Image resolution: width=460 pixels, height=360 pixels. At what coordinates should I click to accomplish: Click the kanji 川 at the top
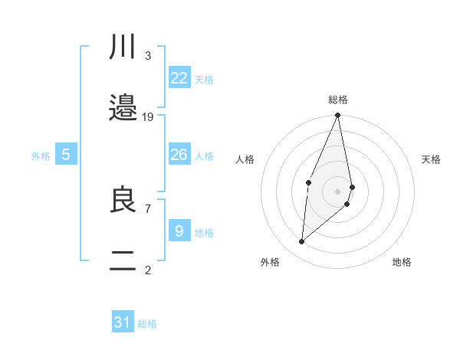[123, 48]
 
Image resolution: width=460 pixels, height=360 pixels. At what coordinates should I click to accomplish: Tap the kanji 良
[123, 200]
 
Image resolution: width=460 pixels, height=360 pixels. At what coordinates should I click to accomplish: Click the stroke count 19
[148, 117]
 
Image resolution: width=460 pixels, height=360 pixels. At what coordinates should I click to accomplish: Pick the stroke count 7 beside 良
[147, 208]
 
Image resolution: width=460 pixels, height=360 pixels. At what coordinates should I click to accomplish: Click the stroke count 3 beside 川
[147, 56]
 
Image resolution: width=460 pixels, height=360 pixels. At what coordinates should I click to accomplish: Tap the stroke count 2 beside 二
[147, 270]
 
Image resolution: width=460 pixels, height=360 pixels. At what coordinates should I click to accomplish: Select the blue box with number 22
[179, 78]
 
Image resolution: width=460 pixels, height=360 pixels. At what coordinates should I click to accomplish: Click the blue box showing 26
[179, 155]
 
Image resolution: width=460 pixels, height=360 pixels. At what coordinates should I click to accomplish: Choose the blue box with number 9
[179, 231]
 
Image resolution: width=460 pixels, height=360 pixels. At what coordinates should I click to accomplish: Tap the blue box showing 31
[123, 323]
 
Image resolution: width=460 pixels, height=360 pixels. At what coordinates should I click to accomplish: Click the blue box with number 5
[66, 155]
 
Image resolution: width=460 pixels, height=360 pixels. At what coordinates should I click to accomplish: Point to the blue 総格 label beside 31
[147, 325]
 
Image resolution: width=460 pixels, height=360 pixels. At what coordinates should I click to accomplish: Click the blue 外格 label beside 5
[41, 156]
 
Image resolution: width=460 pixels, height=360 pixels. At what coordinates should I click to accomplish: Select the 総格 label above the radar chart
[338, 100]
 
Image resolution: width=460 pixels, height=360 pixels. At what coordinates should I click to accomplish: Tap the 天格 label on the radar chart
[432, 159]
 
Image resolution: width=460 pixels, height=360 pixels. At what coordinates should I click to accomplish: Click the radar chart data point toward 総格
[338, 116]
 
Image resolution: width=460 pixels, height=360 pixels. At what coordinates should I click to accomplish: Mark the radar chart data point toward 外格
[302, 242]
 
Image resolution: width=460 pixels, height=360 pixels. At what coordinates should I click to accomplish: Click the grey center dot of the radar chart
[338, 190]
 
